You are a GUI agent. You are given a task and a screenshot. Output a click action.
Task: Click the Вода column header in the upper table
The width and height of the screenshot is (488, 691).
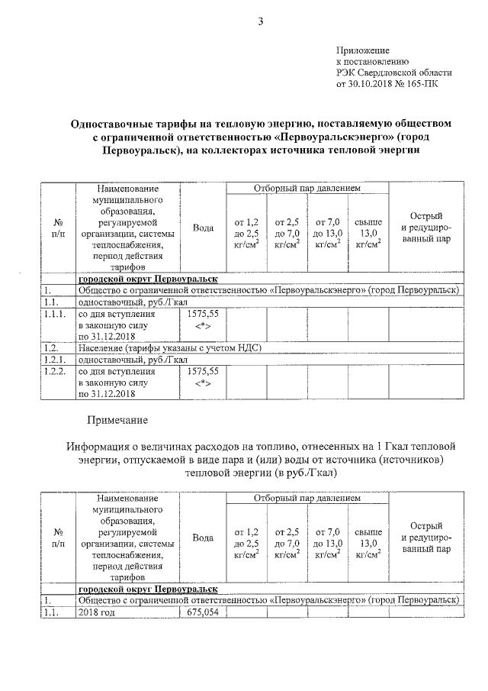click(203, 227)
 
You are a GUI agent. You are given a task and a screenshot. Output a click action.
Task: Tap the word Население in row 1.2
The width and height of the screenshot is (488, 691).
click(101, 347)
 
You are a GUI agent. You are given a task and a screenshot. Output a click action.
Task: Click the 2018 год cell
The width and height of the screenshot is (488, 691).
click(96, 612)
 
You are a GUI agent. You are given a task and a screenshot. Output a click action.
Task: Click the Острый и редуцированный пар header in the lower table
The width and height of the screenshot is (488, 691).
click(425, 537)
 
